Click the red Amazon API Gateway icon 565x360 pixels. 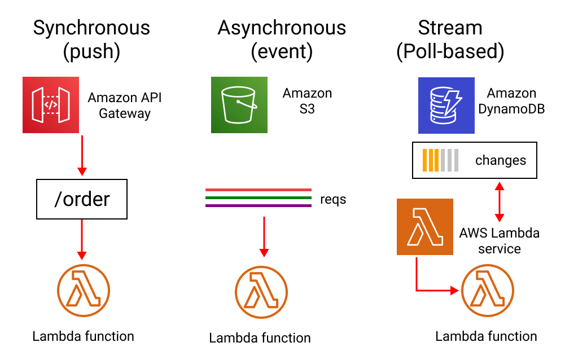tap(50, 105)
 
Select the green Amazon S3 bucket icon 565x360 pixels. tap(239, 105)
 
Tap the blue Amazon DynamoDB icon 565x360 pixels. tap(446, 105)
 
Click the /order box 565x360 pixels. tap(82, 199)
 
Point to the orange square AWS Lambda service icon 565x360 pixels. tap(424, 226)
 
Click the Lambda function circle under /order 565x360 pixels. tap(83, 291)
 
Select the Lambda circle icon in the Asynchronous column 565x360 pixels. tap(261, 292)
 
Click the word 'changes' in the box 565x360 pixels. tap(500, 160)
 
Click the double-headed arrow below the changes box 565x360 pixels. tap(499, 201)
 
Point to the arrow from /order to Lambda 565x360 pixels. tap(82, 239)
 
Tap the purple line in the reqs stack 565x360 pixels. tap(259, 205)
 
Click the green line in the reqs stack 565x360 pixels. tap(259, 197)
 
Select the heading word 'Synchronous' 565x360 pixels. tap(91, 28)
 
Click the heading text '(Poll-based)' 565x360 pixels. tap(450, 51)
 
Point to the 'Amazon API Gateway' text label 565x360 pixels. tap(125, 105)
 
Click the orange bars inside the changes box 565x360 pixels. tap(431, 160)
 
